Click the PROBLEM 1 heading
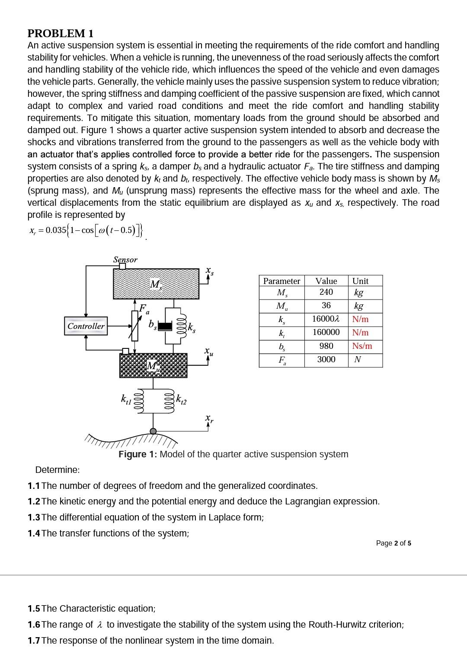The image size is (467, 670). pos(61,33)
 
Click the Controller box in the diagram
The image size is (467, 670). pos(86,326)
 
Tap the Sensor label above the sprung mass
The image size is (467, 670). pos(125,259)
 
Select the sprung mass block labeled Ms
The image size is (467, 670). pos(156,284)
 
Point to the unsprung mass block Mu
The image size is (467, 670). pos(154,365)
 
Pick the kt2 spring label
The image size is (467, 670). pos(182,400)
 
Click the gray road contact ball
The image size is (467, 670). pos(153,431)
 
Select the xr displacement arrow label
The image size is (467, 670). pos(209,419)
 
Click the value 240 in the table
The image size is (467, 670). pos(326,292)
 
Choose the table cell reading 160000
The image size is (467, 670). pos(326,332)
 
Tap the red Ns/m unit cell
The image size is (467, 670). pos(362,346)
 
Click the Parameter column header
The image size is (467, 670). pos(281,281)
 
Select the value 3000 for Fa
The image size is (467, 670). pos(326,359)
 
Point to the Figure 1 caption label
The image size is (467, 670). pos(138,454)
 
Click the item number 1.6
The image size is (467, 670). pos(34,625)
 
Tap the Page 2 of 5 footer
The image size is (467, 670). pos(393,543)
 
